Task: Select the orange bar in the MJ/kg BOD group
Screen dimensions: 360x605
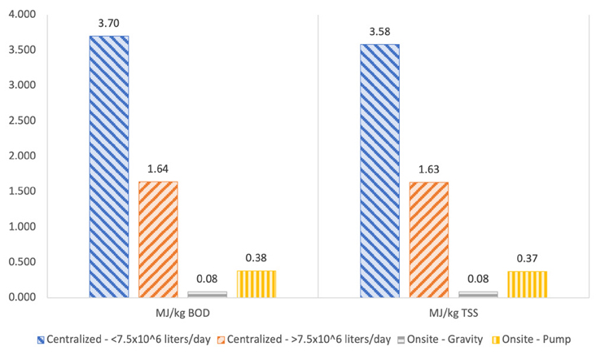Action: [x=158, y=239]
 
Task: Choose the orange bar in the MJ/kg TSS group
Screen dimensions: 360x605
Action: [x=429, y=239]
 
